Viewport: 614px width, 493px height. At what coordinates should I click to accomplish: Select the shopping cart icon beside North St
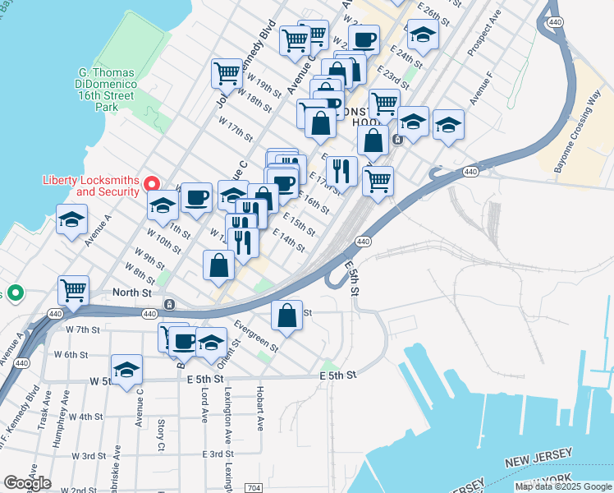(x=73, y=291)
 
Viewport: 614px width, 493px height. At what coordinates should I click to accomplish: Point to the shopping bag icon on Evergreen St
(x=286, y=316)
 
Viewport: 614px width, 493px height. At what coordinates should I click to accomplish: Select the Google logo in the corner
(x=27, y=483)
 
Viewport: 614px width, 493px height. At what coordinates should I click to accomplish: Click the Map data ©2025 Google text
(x=563, y=486)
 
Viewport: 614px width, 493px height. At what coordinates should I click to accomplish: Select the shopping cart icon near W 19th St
(x=226, y=72)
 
